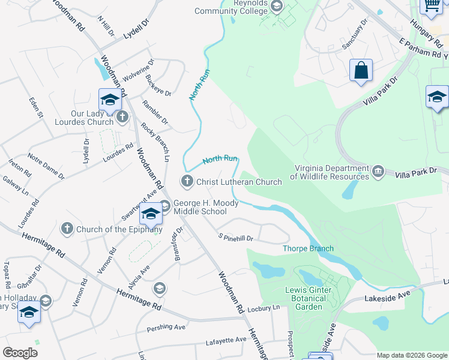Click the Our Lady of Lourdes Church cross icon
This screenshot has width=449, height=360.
click(x=122, y=116)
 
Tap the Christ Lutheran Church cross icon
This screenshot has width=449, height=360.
click(x=187, y=181)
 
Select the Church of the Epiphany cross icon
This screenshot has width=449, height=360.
click(x=67, y=228)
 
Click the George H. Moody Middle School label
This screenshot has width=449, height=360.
click(x=206, y=207)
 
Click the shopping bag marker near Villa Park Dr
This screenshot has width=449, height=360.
click(x=361, y=70)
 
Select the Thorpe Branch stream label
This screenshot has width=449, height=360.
click(x=308, y=248)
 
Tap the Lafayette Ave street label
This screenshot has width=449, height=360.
click(x=226, y=340)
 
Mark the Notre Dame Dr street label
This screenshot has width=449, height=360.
click(x=46, y=167)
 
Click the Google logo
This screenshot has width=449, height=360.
click(x=20, y=352)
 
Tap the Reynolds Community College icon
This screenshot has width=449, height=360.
click(x=277, y=7)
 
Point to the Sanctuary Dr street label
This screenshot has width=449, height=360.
click(x=354, y=36)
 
